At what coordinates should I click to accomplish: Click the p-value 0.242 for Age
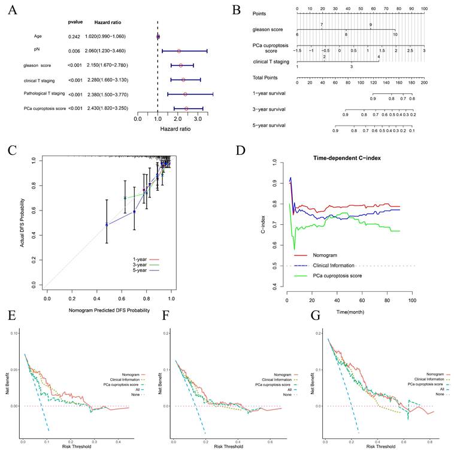pos(75,36)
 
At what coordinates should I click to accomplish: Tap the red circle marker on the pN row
pos(178,51)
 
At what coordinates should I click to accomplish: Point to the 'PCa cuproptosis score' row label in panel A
pos(44,108)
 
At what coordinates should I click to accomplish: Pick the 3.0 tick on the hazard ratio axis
pos(198,119)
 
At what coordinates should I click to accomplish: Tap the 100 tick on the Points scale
pos(423,9)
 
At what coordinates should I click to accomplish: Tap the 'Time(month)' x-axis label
pos(346,312)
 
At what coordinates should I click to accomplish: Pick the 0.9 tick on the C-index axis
pos(274,183)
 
